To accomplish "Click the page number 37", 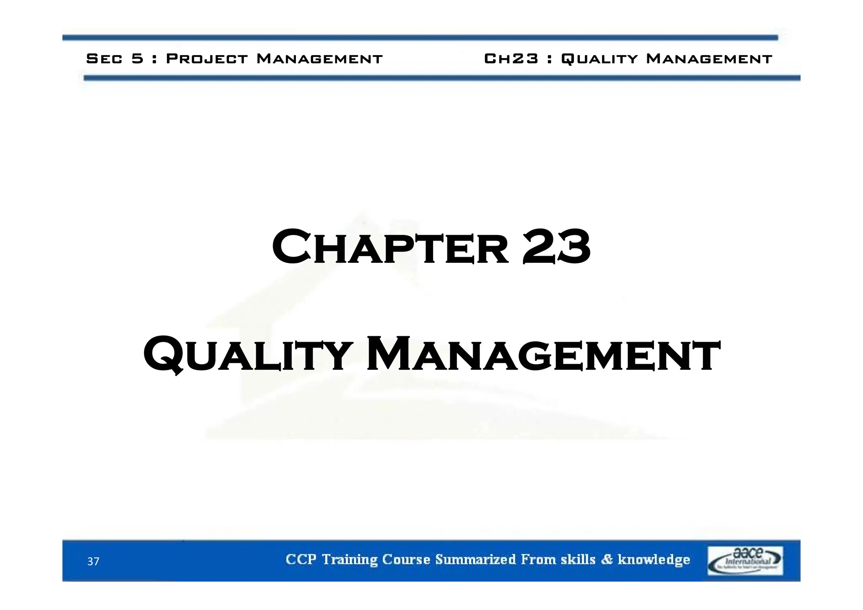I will [x=93, y=561].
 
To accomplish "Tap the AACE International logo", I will [x=745, y=560].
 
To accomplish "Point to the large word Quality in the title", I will [x=248, y=354].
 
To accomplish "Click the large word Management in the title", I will [x=544, y=354].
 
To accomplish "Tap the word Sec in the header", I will [x=104, y=59].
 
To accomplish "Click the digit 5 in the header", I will [x=138, y=59].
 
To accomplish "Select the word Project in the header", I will [x=207, y=59].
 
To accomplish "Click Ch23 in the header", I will [x=511, y=59].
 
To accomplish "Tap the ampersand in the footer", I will [x=607, y=559].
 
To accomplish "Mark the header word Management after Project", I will [x=319, y=59].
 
